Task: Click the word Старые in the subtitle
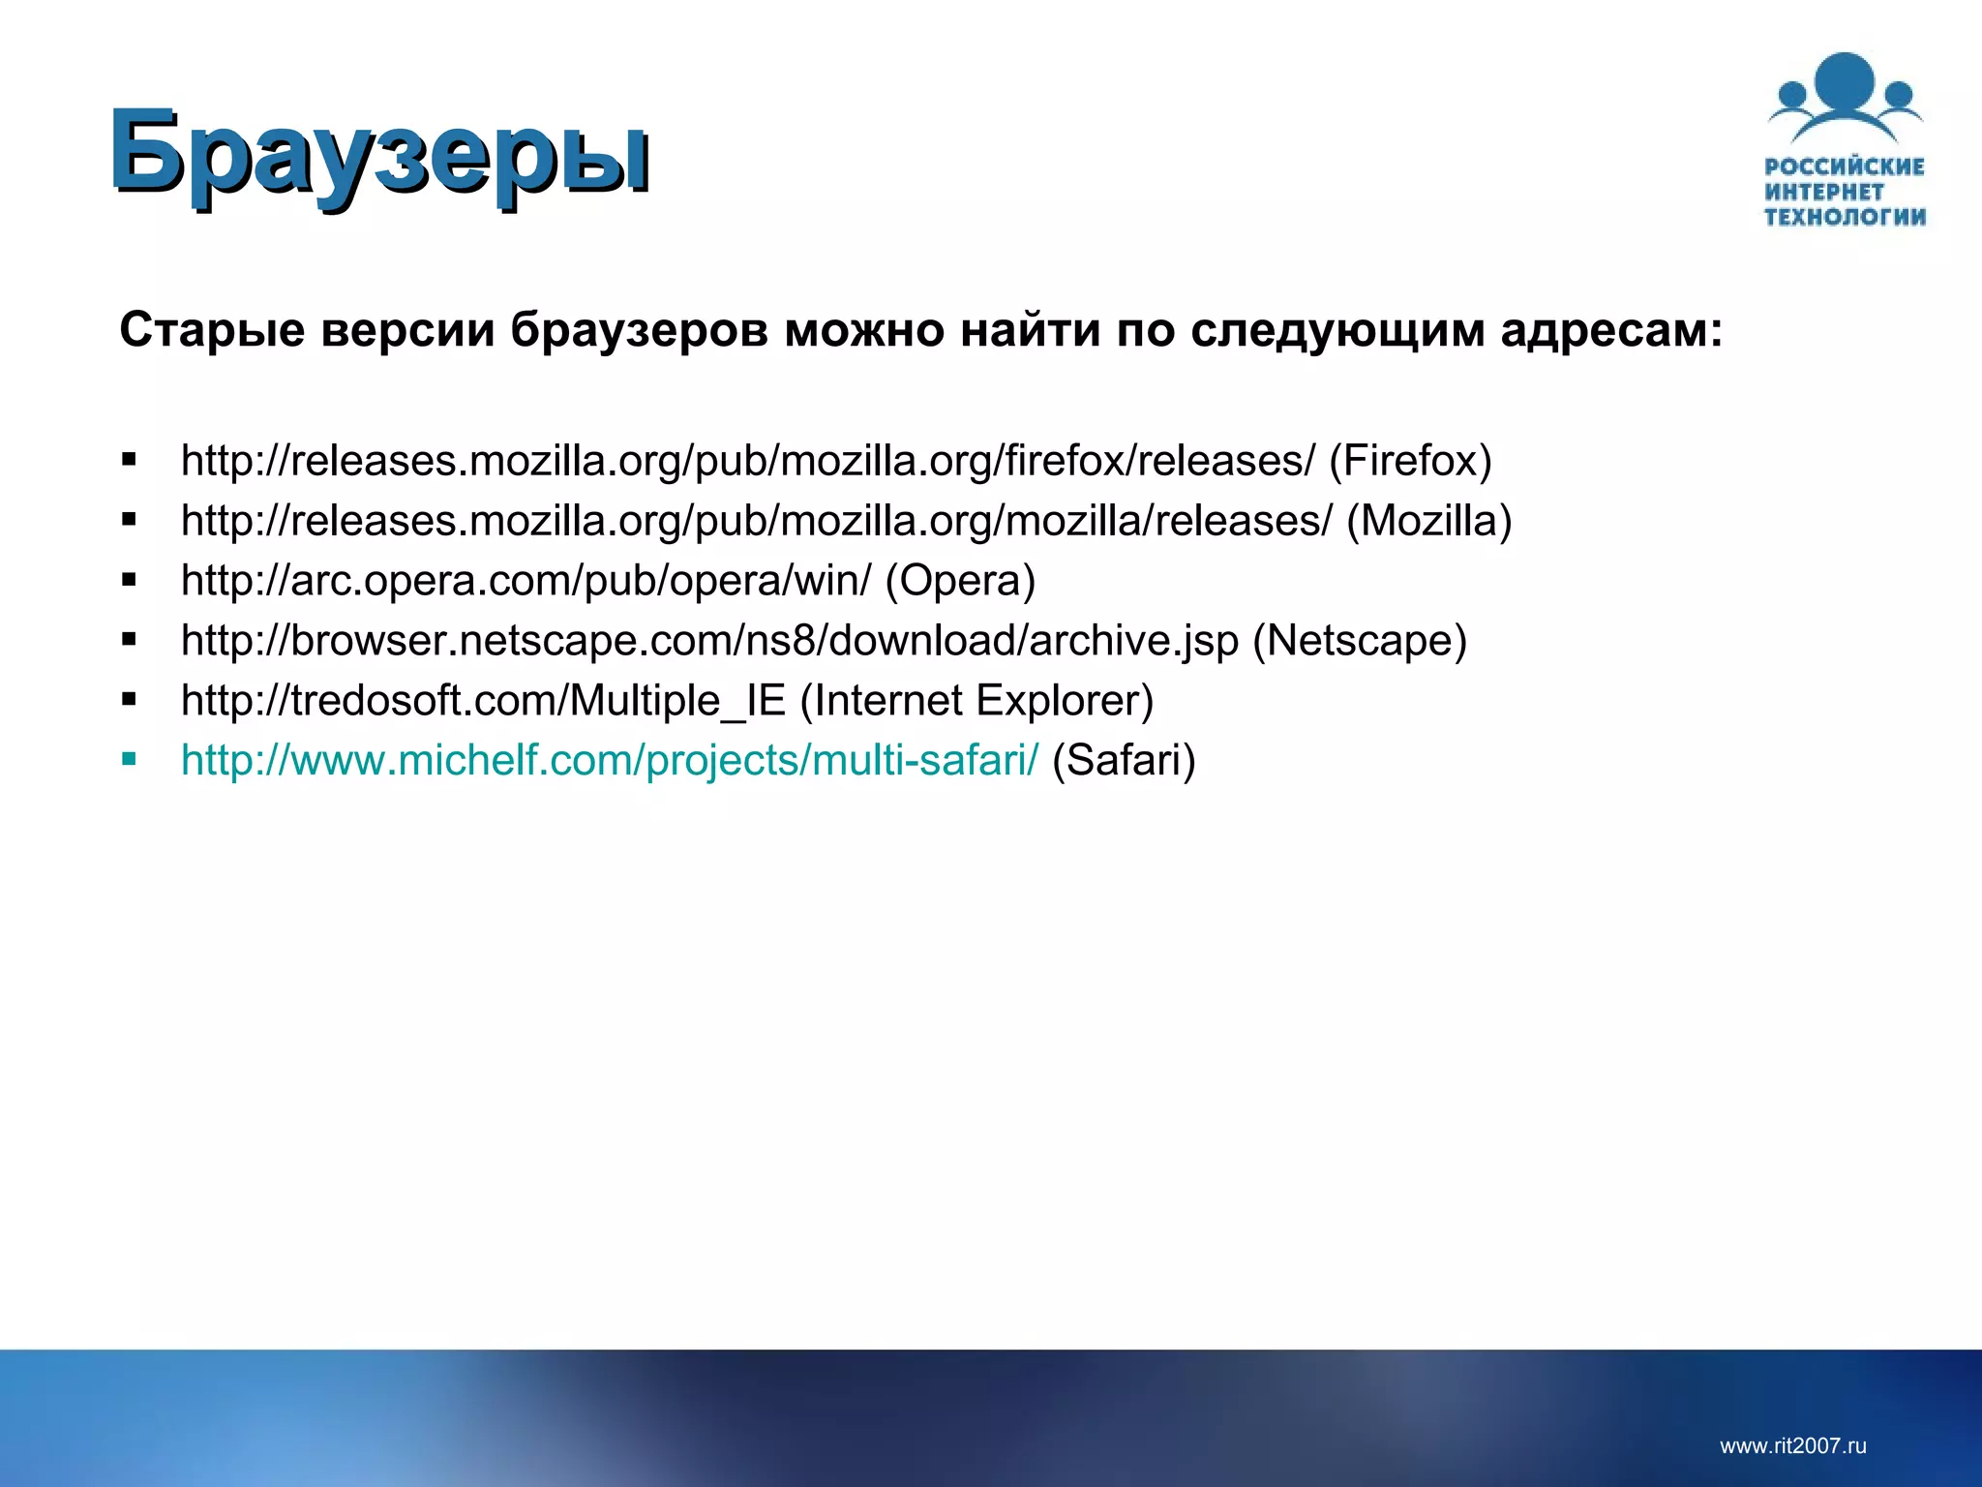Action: click(212, 331)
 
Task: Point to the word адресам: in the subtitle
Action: click(1611, 331)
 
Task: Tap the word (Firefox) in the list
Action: click(1410, 461)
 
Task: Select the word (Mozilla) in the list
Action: click(1428, 521)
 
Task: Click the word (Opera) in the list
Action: click(960, 581)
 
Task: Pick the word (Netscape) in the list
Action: click(1360, 641)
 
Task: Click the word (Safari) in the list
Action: click(1124, 761)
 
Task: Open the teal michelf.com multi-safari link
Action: click(610, 761)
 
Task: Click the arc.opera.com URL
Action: click(526, 581)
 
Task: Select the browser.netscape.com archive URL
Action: click(709, 641)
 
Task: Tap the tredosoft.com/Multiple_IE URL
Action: click(483, 701)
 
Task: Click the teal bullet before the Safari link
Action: click(130, 759)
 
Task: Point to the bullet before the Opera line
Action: click(130, 580)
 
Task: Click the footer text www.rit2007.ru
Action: click(1792, 1446)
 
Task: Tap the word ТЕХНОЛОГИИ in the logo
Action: click(1845, 217)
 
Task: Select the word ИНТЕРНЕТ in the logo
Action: click(1824, 192)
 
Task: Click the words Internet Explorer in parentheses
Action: click(977, 701)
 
